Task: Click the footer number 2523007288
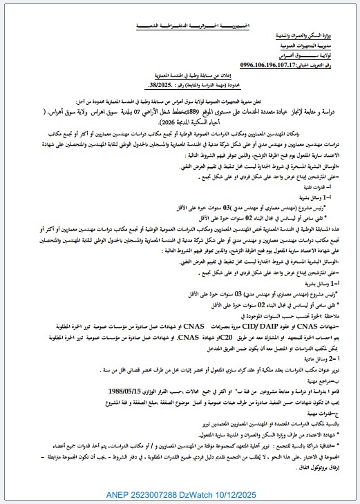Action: [x=170, y=494]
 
